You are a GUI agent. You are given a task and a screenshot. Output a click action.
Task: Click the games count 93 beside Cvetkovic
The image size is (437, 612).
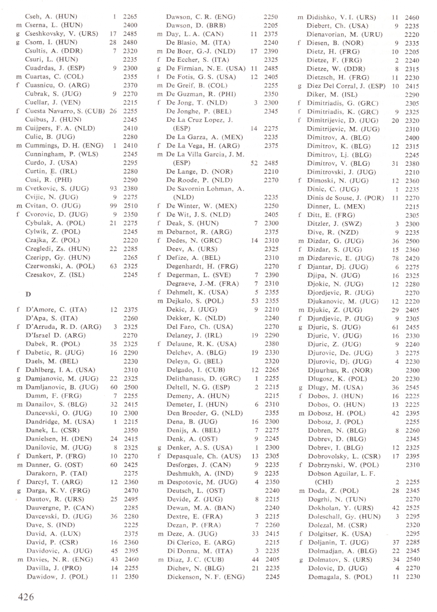[112, 187]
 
